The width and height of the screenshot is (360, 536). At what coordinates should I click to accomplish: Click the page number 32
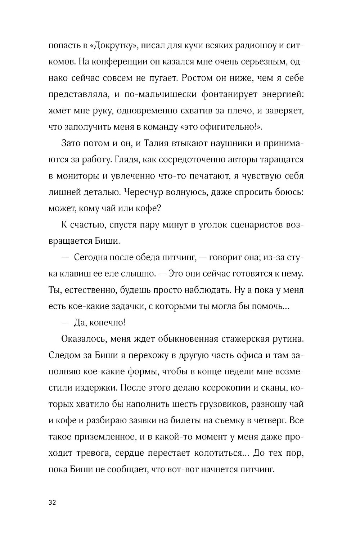click(51, 503)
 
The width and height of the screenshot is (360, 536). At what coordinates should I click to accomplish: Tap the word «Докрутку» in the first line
click(112, 46)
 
